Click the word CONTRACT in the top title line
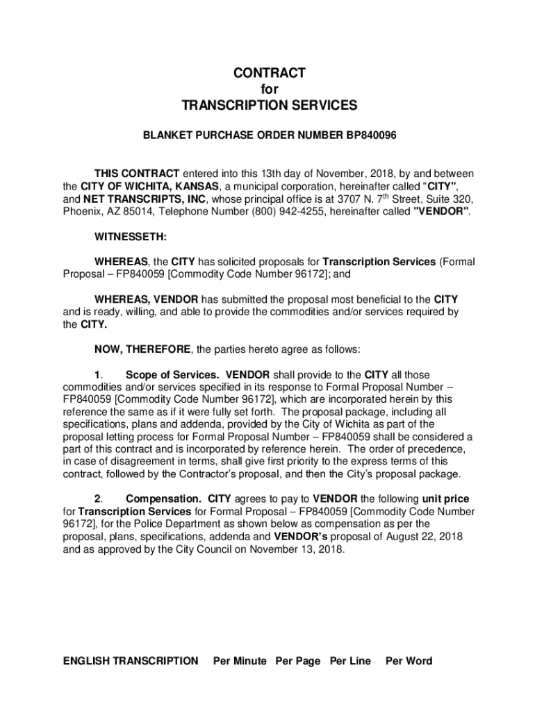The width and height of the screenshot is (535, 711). [x=269, y=73]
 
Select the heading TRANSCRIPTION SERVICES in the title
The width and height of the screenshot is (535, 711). [x=269, y=105]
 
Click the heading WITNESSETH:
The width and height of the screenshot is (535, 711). [x=130, y=237]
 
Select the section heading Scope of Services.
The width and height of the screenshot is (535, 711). [x=173, y=374]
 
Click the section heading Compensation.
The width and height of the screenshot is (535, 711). [x=163, y=499]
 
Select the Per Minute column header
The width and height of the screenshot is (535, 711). [x=240, y=661]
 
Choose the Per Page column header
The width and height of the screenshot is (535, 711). [x=298, y=661]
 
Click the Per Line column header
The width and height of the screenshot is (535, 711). [x=350, y=661]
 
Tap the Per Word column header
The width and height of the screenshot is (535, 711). [x=409, y=661]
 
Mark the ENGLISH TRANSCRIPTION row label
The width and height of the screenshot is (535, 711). [x=131, y=661]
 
